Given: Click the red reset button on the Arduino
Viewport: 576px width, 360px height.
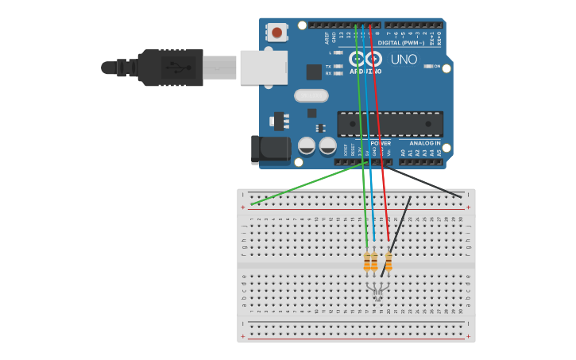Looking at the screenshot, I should point(276,33).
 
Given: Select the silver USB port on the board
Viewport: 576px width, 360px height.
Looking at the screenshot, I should point(263,68).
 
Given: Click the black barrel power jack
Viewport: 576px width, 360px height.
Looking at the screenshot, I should point(270,149).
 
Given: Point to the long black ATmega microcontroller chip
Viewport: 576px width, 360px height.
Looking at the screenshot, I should point(390,124).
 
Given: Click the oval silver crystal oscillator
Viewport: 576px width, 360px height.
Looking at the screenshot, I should point(311,95).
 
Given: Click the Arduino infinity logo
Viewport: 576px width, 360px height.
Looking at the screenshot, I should point(365,59).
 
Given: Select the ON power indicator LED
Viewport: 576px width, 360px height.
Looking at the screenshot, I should point(427,66).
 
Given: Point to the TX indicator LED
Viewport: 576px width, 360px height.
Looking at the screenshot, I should point(338,66).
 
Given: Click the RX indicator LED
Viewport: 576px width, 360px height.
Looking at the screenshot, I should point(338,73).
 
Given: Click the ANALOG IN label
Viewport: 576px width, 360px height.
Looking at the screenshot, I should point(425,143).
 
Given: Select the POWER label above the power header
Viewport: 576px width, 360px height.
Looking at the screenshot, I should point(381,143).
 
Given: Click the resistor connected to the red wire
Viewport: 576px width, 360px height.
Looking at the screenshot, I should point(389,261).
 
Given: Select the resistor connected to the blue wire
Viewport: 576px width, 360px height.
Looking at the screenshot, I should point(374,261).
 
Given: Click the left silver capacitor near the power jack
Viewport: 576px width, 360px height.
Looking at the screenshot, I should point(307,145).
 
